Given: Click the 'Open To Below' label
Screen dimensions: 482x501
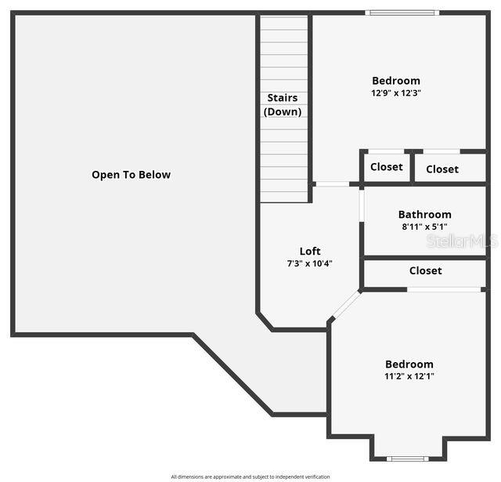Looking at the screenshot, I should tap(131, 175).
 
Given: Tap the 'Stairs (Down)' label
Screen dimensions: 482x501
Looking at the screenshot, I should tap(283, 105).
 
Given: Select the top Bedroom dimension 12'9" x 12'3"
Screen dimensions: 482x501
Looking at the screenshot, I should tap(396, 93).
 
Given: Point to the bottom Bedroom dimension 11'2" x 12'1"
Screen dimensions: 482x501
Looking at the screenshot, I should tap(409, 376).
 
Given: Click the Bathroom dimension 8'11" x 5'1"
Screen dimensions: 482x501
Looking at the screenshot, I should tap(424, 227).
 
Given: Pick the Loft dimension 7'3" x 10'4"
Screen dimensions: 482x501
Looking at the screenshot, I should tap(310, 263).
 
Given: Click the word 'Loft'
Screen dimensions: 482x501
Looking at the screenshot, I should tap(310, 251).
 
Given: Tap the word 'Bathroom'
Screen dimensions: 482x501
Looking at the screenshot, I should tap(424, 214).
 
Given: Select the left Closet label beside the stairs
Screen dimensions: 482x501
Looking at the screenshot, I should tap(387, 167).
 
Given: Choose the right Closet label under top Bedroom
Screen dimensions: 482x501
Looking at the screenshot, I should tap(442, 169).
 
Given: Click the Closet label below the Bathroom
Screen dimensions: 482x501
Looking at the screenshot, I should tap(425, 270).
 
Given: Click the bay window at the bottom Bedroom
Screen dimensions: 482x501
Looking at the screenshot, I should tap(408, 458).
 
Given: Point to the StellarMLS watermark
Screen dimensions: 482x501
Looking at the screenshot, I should tap(462, 241).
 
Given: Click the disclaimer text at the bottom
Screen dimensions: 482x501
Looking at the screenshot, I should tap(250, 477).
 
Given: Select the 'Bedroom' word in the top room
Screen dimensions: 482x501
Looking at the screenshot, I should tap(395, 81).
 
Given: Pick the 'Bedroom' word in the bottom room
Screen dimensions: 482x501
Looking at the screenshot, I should tap(409, 364).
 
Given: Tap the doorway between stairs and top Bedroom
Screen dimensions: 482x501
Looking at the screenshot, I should tap(332, 184).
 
